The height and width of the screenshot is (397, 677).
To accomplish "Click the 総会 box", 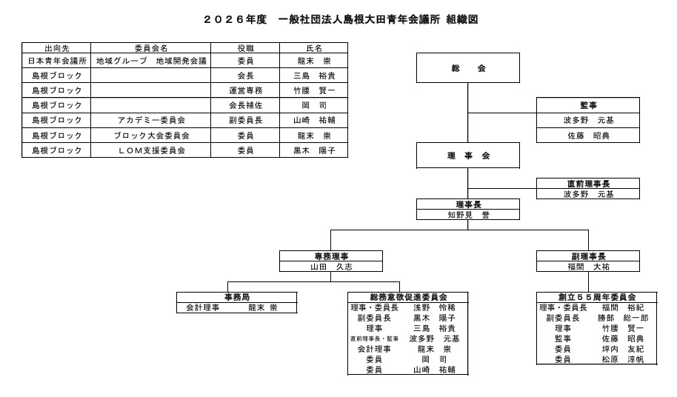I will tap(467, 68).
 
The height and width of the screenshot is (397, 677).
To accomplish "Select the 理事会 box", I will tap(467, 156).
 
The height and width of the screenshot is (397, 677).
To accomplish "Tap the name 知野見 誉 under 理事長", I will tap(467, 215).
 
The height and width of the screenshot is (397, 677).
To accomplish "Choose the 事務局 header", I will tap(236, 297).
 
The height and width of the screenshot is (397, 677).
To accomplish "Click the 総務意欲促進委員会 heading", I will tap(408, 297).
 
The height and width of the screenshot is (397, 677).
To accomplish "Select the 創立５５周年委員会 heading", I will tap(587, 297).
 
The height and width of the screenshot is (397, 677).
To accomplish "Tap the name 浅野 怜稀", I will tap(434, 307).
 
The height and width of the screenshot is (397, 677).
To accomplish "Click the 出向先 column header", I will tap(56, 48).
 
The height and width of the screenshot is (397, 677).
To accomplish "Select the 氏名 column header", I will tap(313, 48).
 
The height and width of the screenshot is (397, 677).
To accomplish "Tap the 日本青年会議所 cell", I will tap(56, 61).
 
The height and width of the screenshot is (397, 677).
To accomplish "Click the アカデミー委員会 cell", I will tap(151, 120).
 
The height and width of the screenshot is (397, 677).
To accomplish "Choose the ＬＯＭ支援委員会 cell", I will tap(151, 150).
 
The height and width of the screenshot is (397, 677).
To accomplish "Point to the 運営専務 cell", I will tap(245, 90).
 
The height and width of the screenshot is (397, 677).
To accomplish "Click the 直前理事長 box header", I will tap(588, 184).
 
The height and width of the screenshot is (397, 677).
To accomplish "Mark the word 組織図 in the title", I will tap(462, 20).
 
